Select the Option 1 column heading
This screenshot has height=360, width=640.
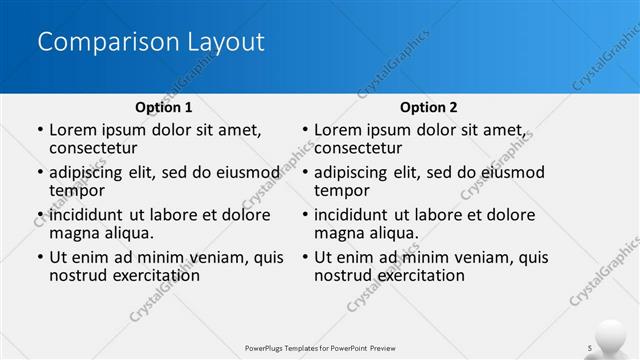coord(163,107)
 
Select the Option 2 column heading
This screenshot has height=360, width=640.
coord(429,107)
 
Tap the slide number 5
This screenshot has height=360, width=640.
coord(590,347)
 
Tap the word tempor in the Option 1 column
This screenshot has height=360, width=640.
coord(77,190)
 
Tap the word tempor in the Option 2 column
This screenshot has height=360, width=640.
coord(342,190)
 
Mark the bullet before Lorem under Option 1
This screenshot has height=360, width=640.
coord(40,130)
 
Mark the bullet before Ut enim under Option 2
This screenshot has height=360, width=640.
coord(305,258)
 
